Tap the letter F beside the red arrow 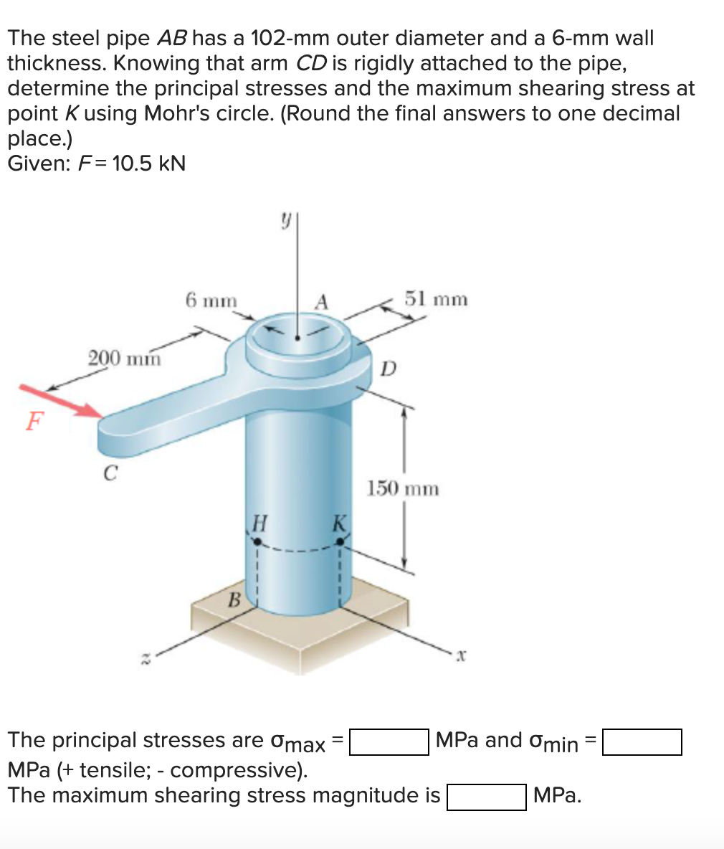point(32,422)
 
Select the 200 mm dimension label point(124,356)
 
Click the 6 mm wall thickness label point(211,300)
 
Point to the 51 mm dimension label point(436,298)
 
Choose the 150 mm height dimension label point(403,489)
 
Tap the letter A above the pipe point(322,301)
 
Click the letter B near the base point(232,600)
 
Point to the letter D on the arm point(388,369)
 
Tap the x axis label point(463,655)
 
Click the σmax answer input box point(389,741)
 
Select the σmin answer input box point(642,741)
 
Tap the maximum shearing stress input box point(487,797)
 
